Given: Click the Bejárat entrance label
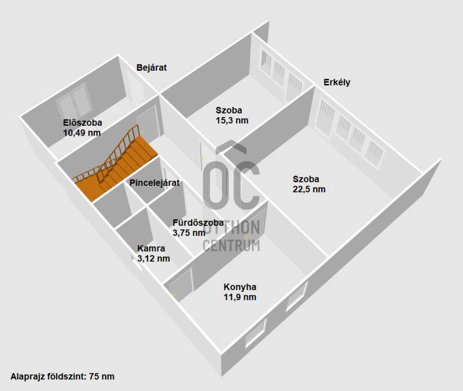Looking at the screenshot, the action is [x=152, y=68].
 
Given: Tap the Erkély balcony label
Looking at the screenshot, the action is [x=337, y=82].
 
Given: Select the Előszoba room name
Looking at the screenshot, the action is [x=83, y=123].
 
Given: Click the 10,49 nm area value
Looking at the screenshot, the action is [x=82, y=133].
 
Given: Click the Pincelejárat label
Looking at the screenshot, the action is [x=155, y=183].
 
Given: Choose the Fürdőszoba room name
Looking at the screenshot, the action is [x=198, y=222].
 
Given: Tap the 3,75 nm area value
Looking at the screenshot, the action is [x=189, y=233].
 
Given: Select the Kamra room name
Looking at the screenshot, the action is [x=151, y=249].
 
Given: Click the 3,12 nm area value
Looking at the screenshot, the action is [x=153, y=258].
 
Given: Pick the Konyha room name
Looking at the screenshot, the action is [x=240, y=287].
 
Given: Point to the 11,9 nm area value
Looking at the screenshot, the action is [x=240, y=297].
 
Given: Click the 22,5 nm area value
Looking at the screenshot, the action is [x=309, y=189].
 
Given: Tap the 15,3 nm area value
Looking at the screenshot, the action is [x=232, y=120].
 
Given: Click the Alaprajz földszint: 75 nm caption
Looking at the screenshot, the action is [x=63, y=377].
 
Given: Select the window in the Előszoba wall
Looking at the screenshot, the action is [x=74, y=101].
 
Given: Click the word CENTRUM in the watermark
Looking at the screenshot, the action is [x=231, y=246].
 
